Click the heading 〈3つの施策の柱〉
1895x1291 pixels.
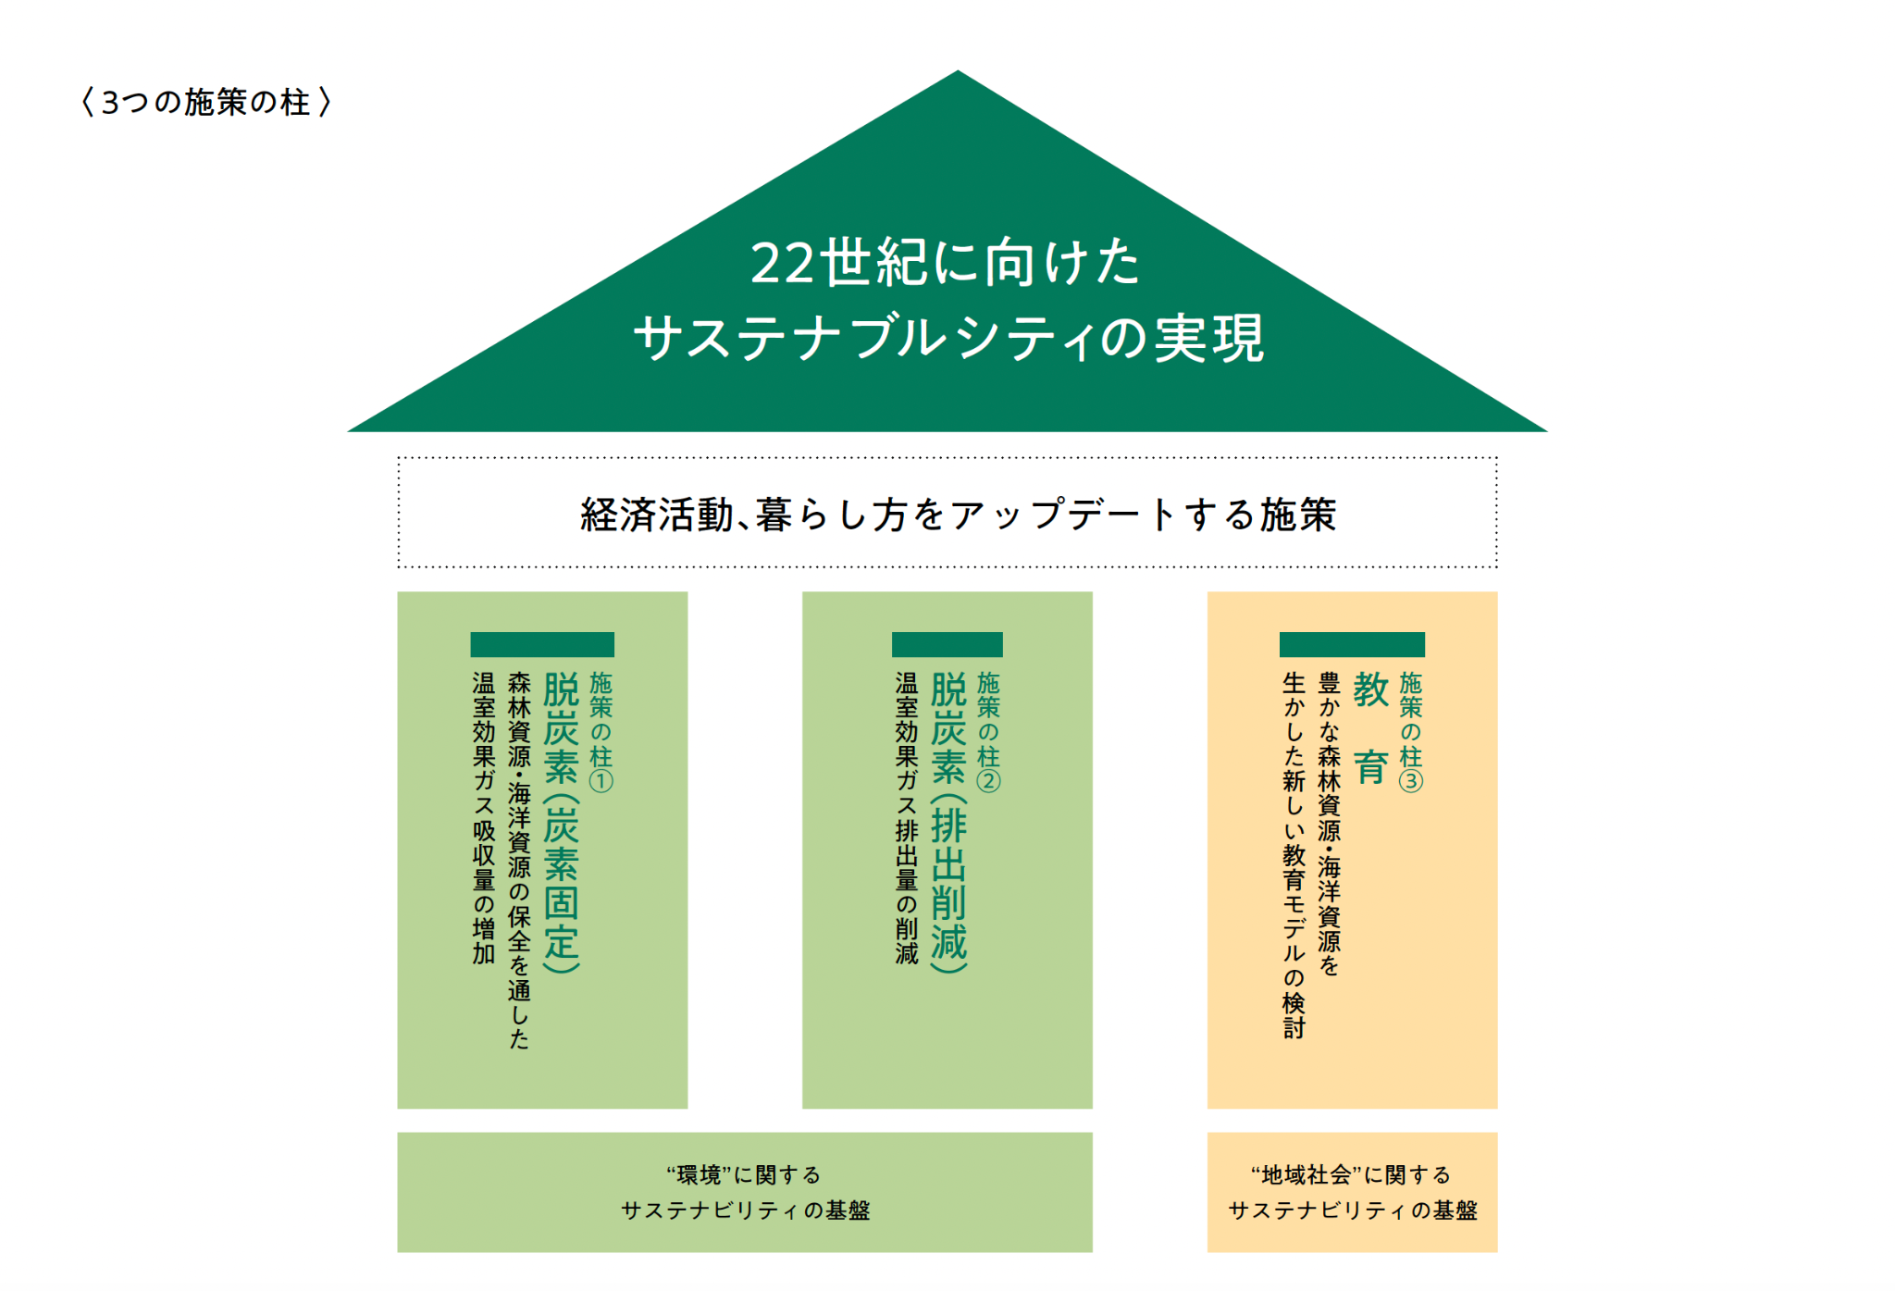205,102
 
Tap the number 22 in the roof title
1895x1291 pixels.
783,263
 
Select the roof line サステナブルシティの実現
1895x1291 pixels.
948,338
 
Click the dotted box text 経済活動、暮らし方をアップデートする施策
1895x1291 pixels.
958,515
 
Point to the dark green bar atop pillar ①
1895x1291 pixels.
542,644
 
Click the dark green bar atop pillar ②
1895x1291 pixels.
947,644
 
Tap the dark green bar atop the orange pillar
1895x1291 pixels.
1352,644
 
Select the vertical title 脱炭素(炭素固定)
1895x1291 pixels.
561,822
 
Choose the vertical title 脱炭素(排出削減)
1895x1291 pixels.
948,822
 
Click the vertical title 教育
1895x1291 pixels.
1370,728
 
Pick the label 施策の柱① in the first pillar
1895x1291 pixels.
601,732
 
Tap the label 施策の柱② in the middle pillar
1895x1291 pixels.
989,732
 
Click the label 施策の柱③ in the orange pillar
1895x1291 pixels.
1411,732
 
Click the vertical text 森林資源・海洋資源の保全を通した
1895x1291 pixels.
519,861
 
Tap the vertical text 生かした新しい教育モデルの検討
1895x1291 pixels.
1294,855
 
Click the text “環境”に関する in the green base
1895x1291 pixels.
744,1175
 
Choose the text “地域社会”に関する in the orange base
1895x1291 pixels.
1351,1175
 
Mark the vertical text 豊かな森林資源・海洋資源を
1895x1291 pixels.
1330,824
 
